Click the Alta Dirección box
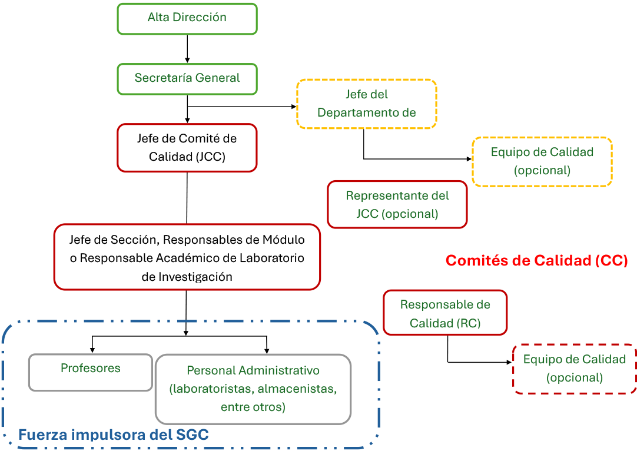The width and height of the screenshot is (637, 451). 187,19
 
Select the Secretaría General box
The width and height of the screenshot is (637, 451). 187,79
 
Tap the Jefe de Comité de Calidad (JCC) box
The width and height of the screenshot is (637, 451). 187,148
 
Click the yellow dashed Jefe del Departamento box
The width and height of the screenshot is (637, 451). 367,104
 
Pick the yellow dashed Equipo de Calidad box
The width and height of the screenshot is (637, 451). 542,162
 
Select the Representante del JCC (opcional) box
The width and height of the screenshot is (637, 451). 397,204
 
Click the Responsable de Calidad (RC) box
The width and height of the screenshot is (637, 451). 445,313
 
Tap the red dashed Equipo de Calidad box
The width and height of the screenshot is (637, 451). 575,369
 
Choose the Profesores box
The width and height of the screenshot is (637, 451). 91,373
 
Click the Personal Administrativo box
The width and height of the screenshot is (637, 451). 253,389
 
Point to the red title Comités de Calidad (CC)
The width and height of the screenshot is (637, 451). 537,260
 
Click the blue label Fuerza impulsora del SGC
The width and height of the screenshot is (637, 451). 114,435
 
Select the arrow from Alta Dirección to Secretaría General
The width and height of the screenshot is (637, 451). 187,49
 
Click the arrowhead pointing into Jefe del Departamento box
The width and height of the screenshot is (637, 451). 294,107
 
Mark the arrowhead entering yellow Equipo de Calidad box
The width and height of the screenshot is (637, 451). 469,159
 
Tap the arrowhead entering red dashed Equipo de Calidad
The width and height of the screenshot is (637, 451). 509,362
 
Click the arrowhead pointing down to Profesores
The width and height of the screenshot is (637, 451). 92,350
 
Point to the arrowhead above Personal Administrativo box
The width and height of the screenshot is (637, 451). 267,351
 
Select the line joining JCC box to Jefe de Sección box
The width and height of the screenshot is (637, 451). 187,198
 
